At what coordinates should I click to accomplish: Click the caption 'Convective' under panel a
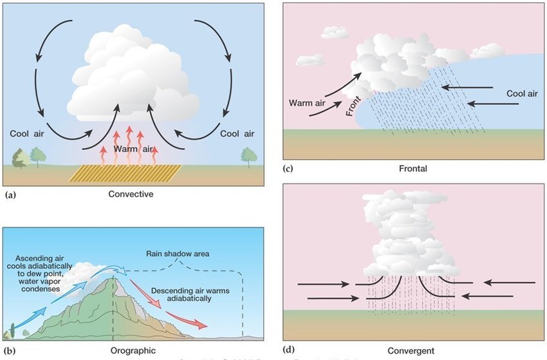(x=131, y=194)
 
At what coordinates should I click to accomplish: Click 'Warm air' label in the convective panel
(x=133, y=149)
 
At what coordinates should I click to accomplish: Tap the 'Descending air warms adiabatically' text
(x=188, y=295)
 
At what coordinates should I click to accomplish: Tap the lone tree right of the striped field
(x=246, y=156)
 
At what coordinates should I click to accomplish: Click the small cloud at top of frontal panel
(x=334, y=32)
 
